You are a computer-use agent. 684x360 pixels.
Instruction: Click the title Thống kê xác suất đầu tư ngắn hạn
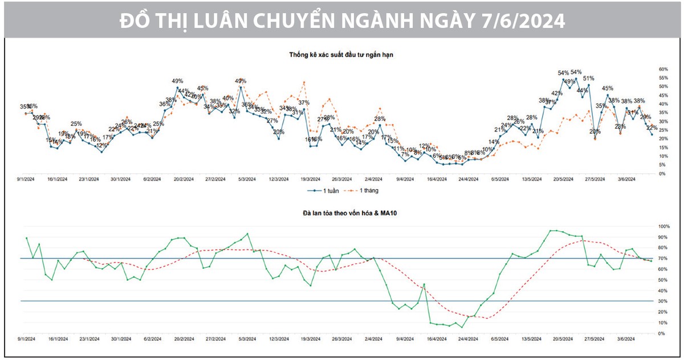point(341,55)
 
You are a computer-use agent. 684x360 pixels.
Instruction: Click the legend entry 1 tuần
point(329,190)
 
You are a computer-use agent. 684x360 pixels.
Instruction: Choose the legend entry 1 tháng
point(364,190)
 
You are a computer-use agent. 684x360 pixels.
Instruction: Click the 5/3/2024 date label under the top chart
point(247,178)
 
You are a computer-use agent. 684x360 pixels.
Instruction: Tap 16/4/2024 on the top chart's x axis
point(438,178)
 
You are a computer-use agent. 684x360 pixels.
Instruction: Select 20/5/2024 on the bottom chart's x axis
point(563,338)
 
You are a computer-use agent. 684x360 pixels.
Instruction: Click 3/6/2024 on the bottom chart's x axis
point(626,338)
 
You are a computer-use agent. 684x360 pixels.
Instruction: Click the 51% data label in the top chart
point(589,79)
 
